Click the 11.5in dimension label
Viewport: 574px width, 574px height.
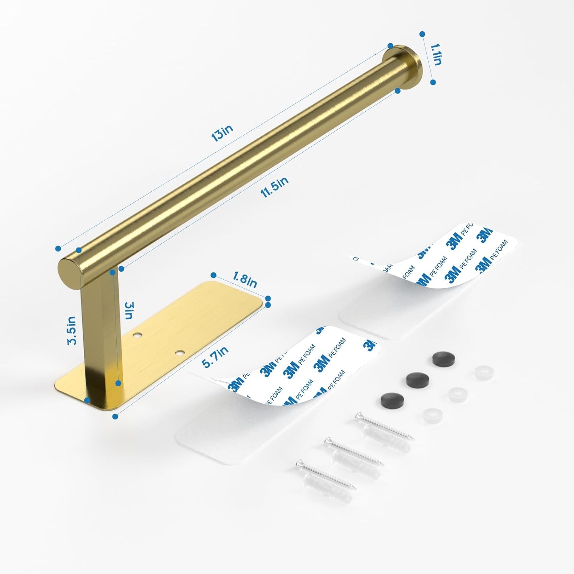coord(275,187)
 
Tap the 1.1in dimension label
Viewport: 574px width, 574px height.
coord(436,54)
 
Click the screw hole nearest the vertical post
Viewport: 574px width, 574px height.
coord(137,336)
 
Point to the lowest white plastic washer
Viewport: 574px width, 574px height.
coord(432,414)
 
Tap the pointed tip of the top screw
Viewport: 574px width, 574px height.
coord(413,439)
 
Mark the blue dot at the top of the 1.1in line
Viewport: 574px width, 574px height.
coord(422,34)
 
